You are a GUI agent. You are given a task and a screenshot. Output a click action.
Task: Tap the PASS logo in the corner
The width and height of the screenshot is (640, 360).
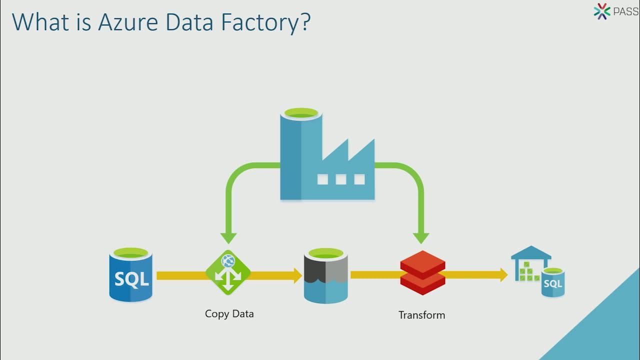click(615, 11)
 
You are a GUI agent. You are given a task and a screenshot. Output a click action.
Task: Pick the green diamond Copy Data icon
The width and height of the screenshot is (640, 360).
click(228, 272)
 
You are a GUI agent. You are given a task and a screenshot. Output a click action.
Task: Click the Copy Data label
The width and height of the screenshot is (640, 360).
click(229, 314)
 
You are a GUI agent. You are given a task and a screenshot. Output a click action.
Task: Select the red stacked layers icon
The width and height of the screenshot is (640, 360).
click(422, 272)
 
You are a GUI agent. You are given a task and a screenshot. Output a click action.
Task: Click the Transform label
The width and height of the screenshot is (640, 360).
click(421, 315)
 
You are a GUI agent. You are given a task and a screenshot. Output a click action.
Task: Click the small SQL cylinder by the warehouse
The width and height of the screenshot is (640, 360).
click(553, 282)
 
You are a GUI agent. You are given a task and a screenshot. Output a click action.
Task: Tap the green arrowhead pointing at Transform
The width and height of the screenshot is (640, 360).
click(421, 237)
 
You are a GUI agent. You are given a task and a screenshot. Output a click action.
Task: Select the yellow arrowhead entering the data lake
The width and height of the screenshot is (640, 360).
click(296, 275)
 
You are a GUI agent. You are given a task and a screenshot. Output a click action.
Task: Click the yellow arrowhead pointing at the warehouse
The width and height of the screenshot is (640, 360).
click(502, 274)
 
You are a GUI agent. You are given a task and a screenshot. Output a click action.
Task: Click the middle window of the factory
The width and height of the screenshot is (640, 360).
click(341, 179)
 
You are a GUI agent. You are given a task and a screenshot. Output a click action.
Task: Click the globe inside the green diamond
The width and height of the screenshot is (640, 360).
click(228, 260)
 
